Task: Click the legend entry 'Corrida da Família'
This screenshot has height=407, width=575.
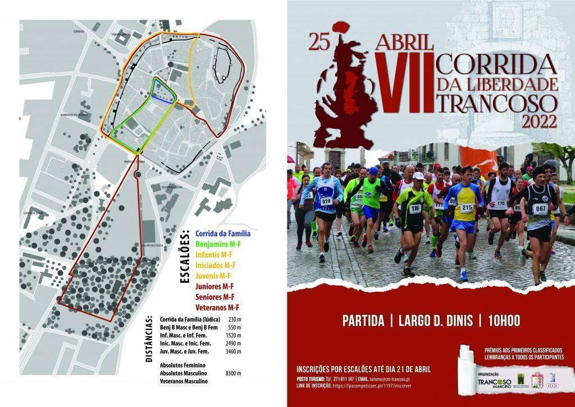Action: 222,233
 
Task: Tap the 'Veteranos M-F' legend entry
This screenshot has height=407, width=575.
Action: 217,307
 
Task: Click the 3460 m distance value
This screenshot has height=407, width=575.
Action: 233,352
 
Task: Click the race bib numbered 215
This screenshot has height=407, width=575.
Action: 467,208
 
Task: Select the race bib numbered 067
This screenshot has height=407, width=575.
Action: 540,209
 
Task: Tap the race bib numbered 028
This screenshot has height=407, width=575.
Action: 326,201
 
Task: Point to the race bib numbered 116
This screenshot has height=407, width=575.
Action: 415,209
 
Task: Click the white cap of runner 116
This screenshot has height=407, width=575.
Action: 418,176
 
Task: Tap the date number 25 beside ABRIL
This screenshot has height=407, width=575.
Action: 318,43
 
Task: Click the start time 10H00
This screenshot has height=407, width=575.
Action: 504,321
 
